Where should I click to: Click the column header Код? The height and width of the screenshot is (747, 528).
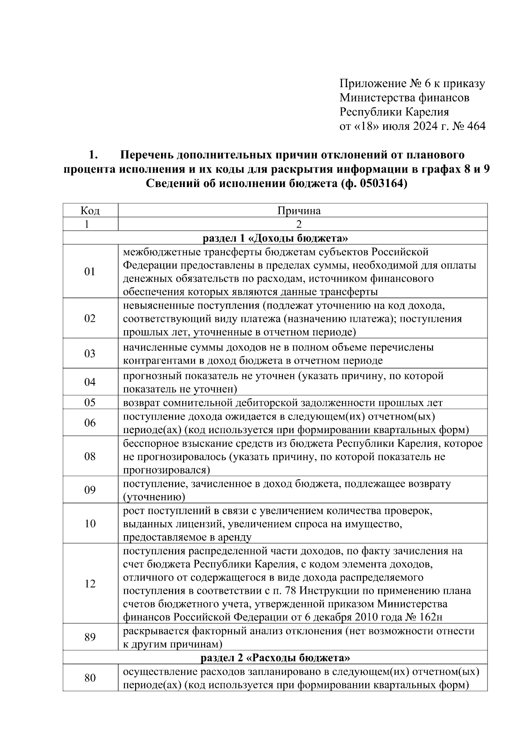90,211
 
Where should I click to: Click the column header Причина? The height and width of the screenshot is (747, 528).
299,211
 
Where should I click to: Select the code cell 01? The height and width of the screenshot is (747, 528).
90,272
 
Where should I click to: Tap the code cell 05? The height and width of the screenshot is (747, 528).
90,402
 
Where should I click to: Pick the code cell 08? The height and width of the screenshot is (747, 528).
90,456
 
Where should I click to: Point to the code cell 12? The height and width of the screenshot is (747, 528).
90,584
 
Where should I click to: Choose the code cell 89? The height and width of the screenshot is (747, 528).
90,637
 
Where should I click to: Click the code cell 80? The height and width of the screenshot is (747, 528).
90,678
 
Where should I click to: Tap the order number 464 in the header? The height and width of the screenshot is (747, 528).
475,126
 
